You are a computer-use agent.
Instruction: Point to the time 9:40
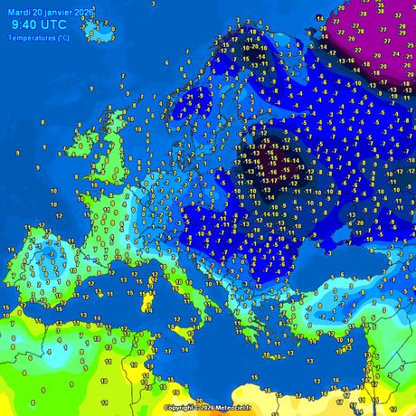(26, 25)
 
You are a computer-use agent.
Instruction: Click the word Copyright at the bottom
(180, 408)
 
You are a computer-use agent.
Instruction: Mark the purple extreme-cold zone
(371, 36)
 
